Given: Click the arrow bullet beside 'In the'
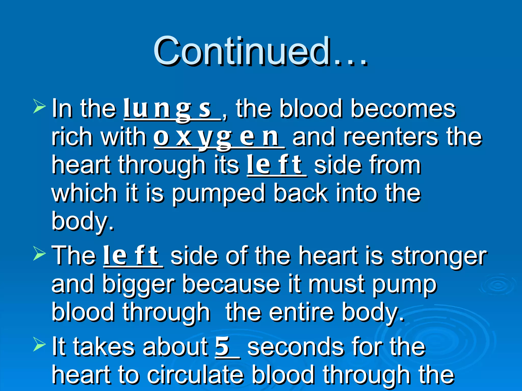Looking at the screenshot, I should coord(39,106).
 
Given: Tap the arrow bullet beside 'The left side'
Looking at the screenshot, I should coord(39,254).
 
